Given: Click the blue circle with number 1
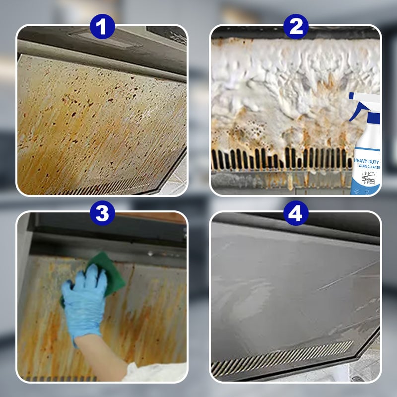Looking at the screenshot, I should click(102, 27).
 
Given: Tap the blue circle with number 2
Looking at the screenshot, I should click(296, 27).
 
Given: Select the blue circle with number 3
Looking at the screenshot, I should click(102, 214).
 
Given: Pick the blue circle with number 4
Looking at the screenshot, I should click(296, 214).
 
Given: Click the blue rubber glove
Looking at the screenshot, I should click(84, 298).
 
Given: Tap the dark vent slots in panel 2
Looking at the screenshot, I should click(278, 159).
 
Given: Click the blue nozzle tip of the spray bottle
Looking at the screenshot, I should click(351, 96).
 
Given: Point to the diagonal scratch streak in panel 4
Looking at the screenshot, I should click(342, 278).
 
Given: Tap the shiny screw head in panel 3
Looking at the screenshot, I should click(150, 253).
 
